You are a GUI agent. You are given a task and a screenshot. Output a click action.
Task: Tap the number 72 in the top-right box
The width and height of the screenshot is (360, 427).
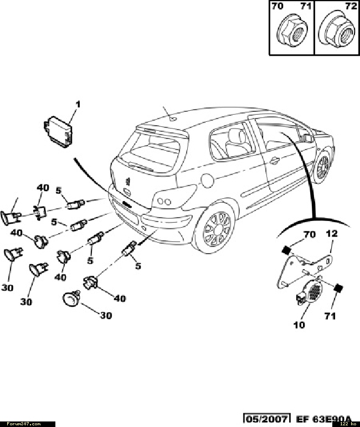[351, 7]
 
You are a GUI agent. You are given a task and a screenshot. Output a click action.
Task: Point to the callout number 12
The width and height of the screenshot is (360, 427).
[331, 234]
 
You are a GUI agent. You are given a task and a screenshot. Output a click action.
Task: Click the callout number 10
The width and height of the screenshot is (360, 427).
[299, 325]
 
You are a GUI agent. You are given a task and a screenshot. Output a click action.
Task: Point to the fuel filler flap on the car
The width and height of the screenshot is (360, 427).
[207, 179]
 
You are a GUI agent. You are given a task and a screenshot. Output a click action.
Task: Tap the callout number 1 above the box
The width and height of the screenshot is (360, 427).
[78, 104]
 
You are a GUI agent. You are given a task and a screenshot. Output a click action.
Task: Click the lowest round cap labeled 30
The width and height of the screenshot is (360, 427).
[71, 299]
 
